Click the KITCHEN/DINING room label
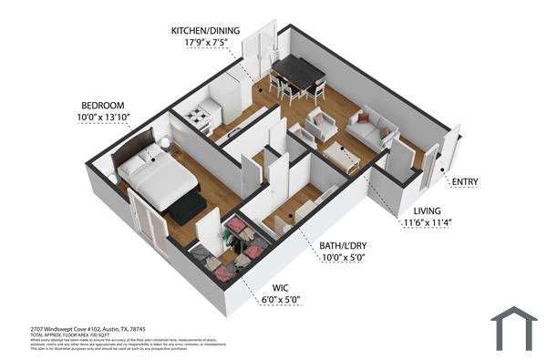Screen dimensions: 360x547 tap(205, 30)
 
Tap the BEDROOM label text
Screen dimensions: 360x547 tap(102, 105)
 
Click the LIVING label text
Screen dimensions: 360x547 tap(427, 210)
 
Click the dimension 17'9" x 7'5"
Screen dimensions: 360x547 tap(205, 42)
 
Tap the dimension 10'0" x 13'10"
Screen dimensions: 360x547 tap(102, 118)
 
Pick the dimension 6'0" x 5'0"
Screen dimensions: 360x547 tap(280, 300)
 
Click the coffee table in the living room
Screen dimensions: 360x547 tap(342, 157)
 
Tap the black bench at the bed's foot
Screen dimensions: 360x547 tap(189, 209)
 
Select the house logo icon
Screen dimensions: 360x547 tap(512, 327)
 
